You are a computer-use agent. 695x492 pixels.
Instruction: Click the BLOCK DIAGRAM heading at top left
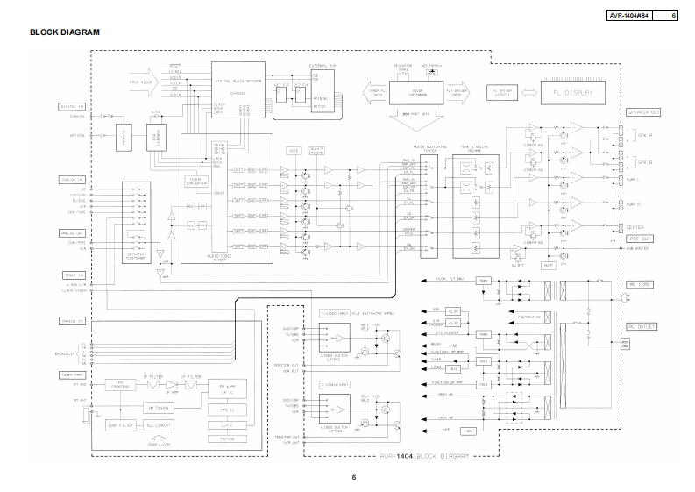(64, 32)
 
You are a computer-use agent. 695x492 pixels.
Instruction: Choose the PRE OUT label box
(639, 239)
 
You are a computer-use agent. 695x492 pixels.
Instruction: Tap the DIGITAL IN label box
(73, 106)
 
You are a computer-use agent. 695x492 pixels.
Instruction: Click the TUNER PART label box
(73, 374)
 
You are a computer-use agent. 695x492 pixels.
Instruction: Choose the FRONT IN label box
(73, 273)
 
